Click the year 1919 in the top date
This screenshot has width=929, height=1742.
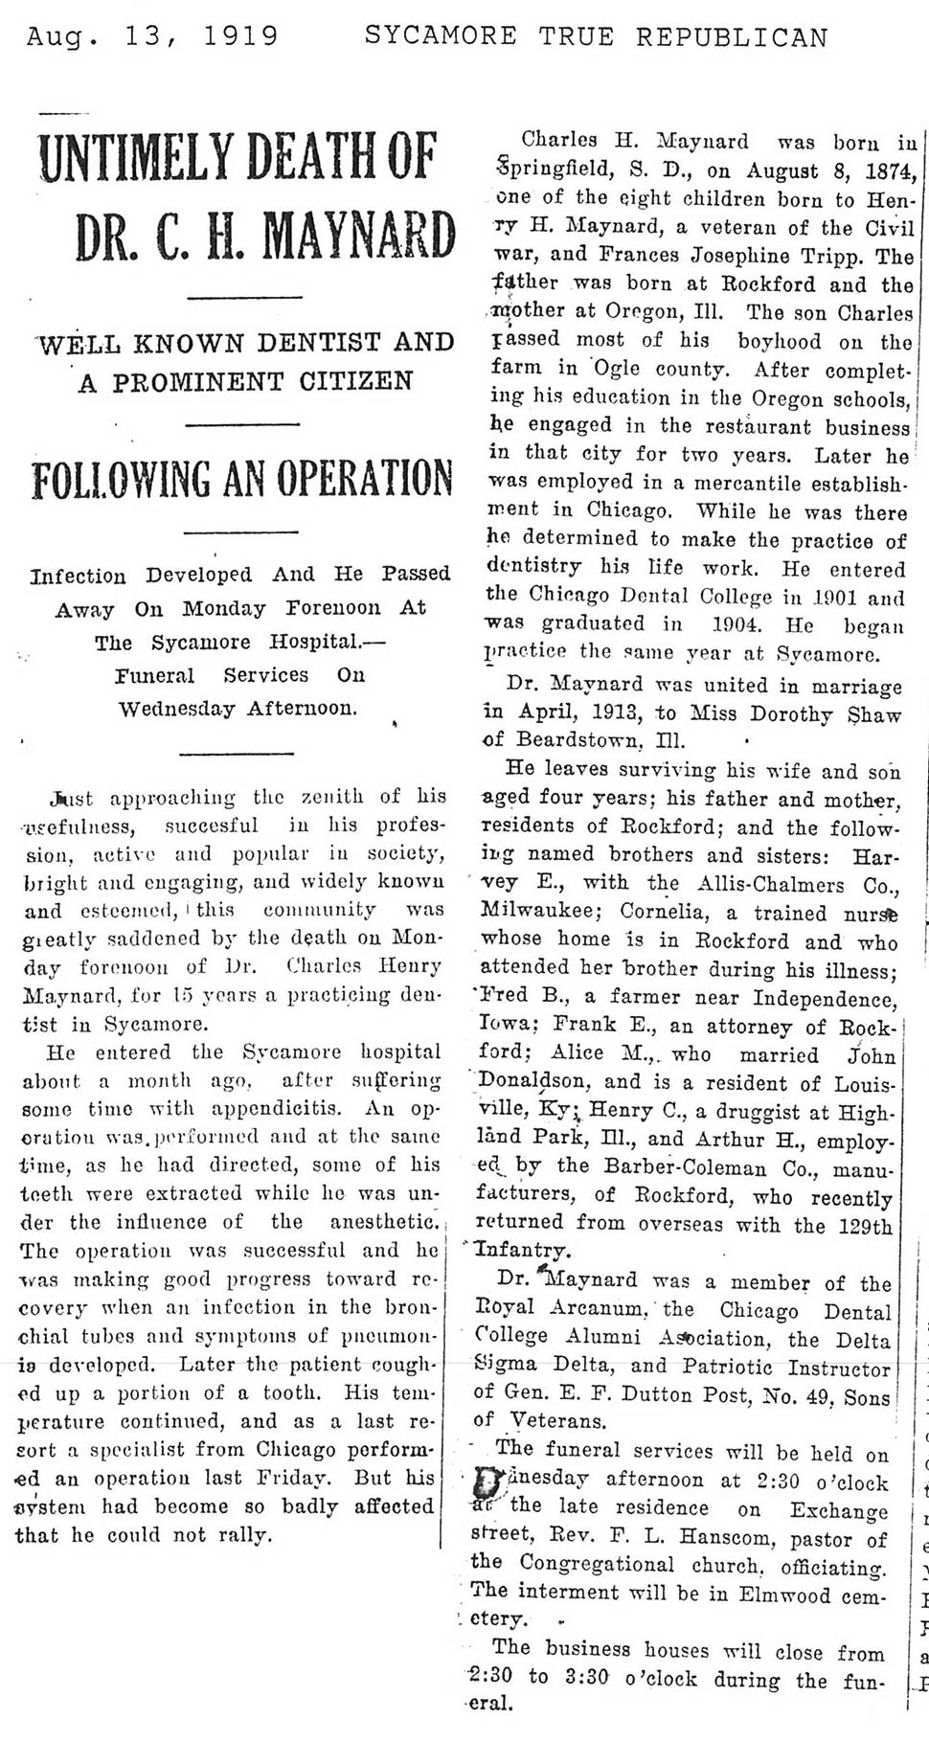pyautogui.click(x=240, y=36)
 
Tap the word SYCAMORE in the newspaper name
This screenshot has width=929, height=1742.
pyautogui.click(x=441, y=36)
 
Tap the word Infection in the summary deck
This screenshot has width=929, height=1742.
pyautogui.click(x=78, y=576)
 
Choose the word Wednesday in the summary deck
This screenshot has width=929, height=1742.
pyautogui.click(x=178, y=710)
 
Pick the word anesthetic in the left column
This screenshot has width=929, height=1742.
pyautogui.click(x=381, y=1222)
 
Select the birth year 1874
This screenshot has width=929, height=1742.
pyautogui.click(x=892, y=172)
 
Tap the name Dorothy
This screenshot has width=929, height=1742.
pyautogui.click(x=778, y=713)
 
